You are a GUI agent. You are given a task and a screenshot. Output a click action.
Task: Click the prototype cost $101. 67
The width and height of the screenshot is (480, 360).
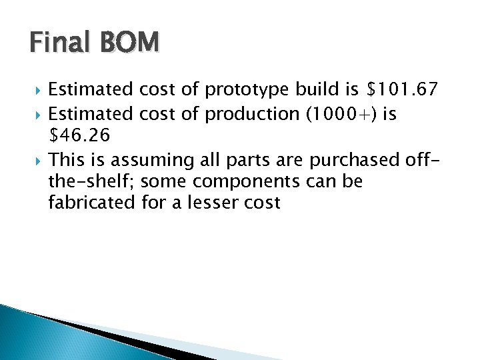[403, 89]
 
